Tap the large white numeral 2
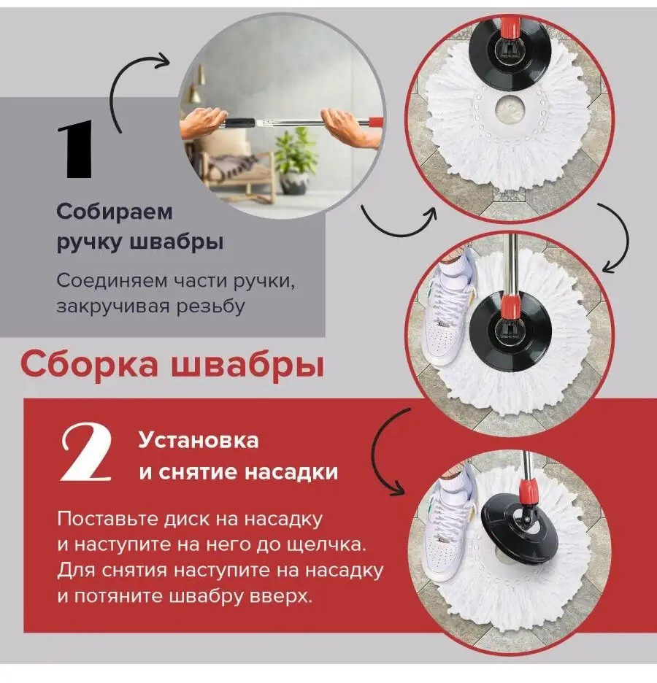86,453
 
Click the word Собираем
114,212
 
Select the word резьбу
210,306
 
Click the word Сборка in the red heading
89,363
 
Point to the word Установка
199,440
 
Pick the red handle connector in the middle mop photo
509,307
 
